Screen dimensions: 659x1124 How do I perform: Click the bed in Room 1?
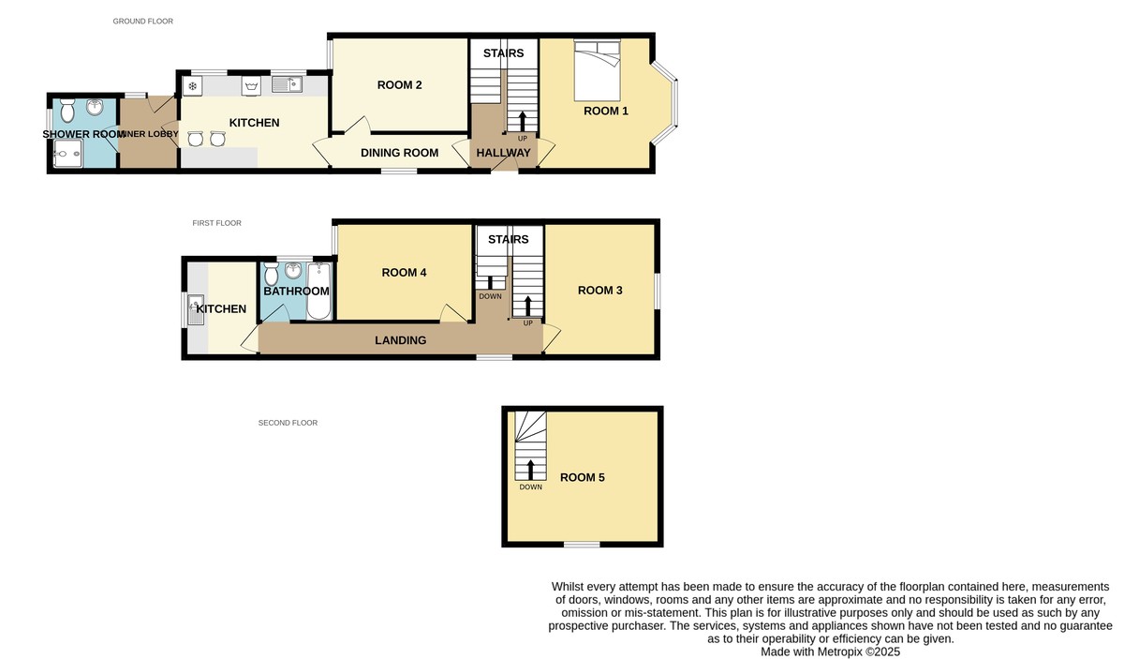coord(597,71)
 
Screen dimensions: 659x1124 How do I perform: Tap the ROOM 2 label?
coord(399,85)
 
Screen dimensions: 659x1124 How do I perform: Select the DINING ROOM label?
coord(401,153)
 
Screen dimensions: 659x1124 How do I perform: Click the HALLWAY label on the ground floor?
coord(503,153)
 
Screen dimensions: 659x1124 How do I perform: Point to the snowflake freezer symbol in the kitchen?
coord(193,86)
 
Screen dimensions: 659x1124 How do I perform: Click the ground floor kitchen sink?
coord(288,85)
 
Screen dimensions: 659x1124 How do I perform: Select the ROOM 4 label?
coord(405,273)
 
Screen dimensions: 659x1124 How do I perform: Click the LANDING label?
coord(401,340)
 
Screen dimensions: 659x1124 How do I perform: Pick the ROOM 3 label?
coord(599,291)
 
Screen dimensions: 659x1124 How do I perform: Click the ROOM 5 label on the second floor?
coord(582,477)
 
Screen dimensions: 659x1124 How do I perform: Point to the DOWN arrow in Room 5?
coord(530,468)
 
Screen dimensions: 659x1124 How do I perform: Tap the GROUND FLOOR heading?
coord(142,21)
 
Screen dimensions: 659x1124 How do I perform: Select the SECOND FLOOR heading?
coord(288,423)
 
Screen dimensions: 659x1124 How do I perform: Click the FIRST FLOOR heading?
coord(216,223)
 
